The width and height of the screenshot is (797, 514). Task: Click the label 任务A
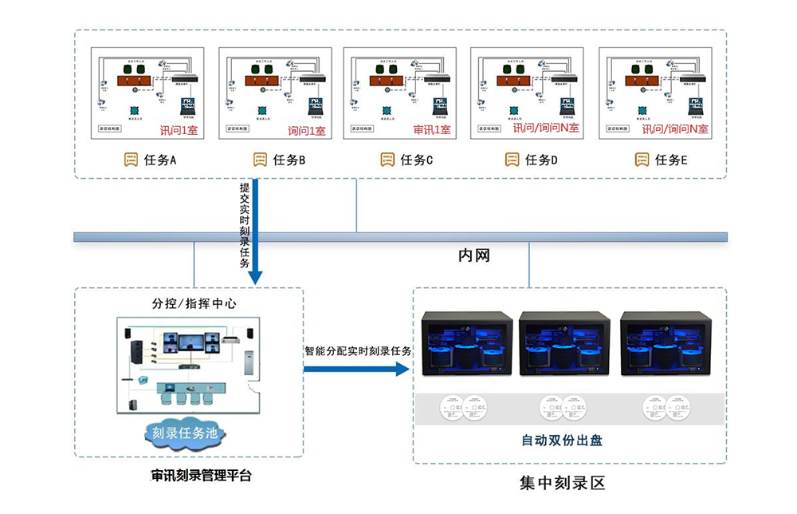coord(161,160)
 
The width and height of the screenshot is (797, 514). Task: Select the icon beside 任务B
coord(260,160)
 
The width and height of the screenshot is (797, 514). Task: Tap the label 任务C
coord(417,160)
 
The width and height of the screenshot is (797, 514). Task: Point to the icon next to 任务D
coord(512,160)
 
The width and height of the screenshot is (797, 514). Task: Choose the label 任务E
coord(671,160)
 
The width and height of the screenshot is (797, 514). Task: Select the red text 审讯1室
coord(431,129)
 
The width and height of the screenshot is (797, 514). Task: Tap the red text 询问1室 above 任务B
coord(306,130)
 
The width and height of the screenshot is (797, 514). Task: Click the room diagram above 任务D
coord(525,93)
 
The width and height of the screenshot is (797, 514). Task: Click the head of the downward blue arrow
coord(255,277)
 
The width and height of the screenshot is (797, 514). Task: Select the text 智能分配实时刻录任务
coord(358,350)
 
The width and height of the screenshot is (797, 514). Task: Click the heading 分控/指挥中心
coord(194,303)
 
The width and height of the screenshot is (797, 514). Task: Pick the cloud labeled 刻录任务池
coord(186,434)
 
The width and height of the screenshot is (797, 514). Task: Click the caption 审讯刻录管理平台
coord(201,476)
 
